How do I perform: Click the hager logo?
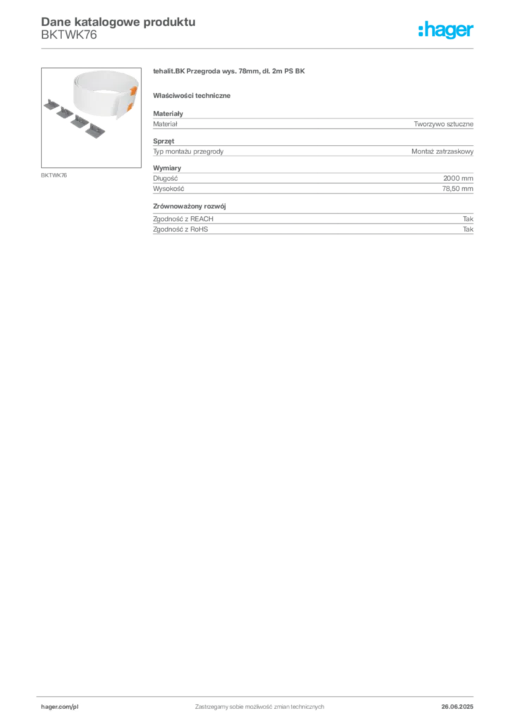445,30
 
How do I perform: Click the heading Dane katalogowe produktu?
118,22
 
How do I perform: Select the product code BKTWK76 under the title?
69,35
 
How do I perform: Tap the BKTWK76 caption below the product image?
54,175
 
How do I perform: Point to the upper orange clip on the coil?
134,91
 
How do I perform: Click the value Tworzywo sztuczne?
443,124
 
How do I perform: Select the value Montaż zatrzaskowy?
442,151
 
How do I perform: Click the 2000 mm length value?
458,178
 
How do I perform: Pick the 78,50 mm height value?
458,189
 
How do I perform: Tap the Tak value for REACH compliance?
468,219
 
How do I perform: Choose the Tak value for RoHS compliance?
468,229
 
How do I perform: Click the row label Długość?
165,178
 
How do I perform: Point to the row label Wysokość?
168,189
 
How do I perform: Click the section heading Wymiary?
167,168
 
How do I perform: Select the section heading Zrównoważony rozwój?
189,206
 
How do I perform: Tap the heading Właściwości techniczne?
192,96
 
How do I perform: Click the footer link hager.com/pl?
60,707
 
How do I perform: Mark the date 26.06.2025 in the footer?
457,707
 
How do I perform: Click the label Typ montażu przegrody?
188,151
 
